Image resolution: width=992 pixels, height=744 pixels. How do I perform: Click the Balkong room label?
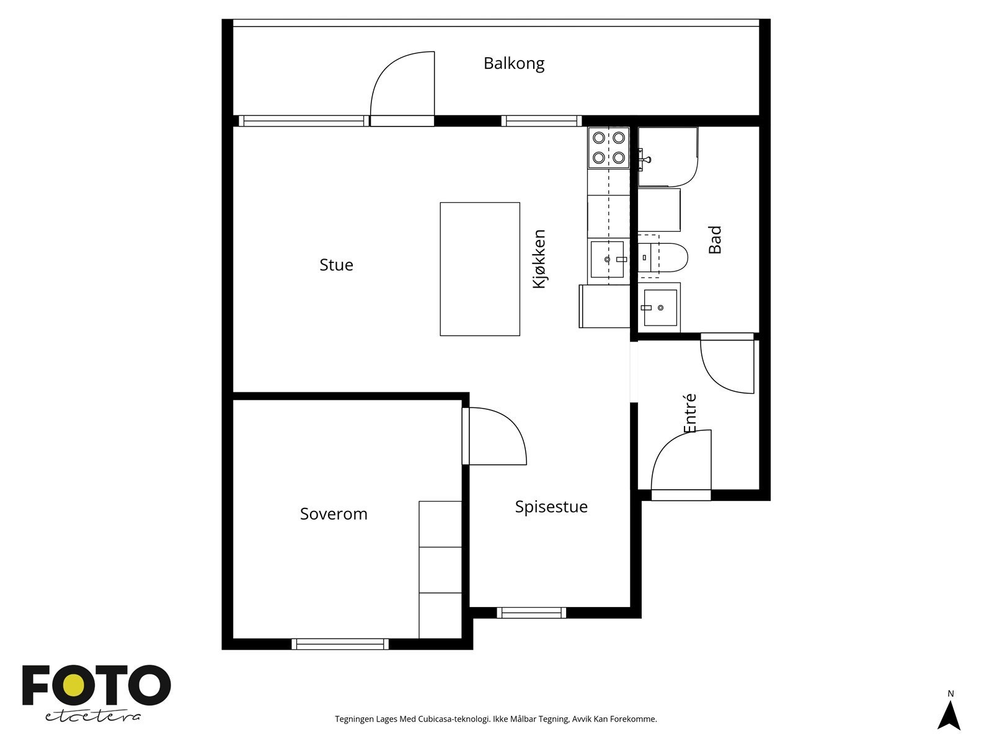point(514,64)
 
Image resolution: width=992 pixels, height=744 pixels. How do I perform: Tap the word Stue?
point(336,265)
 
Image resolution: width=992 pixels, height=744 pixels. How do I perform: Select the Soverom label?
point(334,514)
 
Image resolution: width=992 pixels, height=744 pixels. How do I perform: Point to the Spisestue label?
point(551,507)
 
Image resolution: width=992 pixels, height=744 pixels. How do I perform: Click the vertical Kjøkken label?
point(539,259)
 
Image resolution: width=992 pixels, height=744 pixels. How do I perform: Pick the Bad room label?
point(715,240)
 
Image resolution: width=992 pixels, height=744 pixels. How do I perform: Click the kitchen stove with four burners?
point(609,148)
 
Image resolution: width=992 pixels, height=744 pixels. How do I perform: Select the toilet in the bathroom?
point(663,257)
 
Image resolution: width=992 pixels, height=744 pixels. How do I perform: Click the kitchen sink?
point(608,259)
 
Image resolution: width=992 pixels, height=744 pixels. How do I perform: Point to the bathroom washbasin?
point(660,308)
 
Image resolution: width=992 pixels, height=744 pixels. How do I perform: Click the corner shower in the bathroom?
point(668,157)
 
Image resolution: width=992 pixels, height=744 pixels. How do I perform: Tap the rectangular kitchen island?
point(480,269)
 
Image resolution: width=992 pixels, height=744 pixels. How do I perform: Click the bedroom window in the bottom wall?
point(340,644)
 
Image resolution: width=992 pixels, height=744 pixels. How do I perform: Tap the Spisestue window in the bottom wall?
point(531,613)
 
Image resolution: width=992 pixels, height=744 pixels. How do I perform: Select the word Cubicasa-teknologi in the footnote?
point(454,719)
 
